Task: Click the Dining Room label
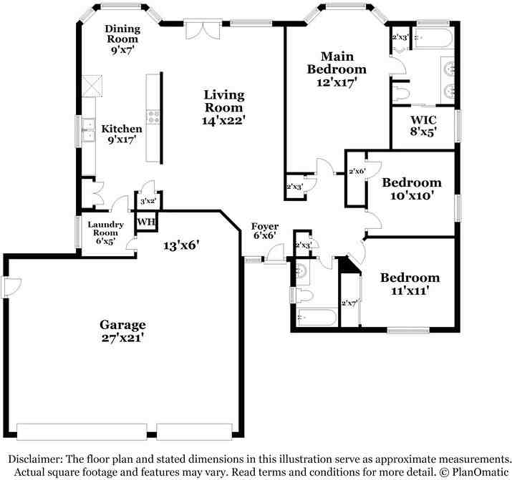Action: click(x=122, y=34)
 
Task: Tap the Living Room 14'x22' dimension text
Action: click(x=223, y=121)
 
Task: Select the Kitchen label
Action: click(x=122, y=129)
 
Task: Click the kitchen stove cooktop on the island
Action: click(x=153, y=117)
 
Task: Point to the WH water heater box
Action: click(x=146, y=222)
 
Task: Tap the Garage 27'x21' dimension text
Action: click(x=122, y=338)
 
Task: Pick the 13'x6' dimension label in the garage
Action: click(x=181, y=245)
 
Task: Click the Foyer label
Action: click(x=265, y=227)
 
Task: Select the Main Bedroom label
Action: click(x=337, y=63)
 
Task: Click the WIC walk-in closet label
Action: click(x=423, y=119)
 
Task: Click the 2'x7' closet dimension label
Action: click(x=349, y=303)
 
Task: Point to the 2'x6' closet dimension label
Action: click(x=357, y=171)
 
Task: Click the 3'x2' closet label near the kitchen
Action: click(x=148, y=201)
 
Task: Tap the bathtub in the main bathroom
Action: click(x=433, y=38)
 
